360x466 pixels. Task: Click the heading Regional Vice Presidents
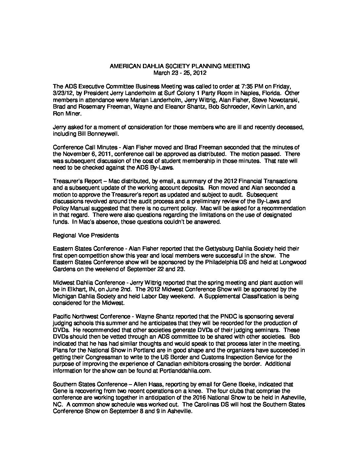pos(79,235)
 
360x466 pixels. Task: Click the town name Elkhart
pos(70,290)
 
